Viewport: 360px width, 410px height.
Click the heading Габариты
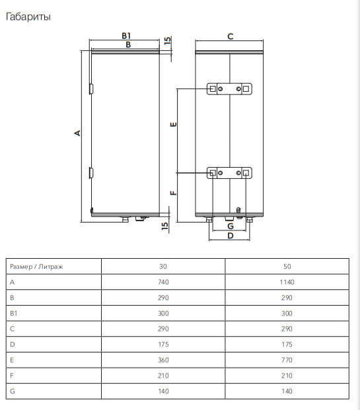point(28,17)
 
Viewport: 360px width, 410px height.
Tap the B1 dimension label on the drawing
point(126,36)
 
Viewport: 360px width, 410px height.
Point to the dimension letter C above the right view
point(231,36)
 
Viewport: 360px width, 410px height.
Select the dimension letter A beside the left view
point(77,133)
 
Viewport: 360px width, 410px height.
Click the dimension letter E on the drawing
point(173,125)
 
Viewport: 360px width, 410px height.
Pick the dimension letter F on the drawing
point(173,193)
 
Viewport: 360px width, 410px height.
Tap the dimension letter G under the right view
point(231,226)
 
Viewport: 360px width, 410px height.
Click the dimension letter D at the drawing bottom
point(231,236)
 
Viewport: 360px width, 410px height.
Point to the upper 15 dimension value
point(167,40)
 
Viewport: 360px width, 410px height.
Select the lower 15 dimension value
point(165,226)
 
